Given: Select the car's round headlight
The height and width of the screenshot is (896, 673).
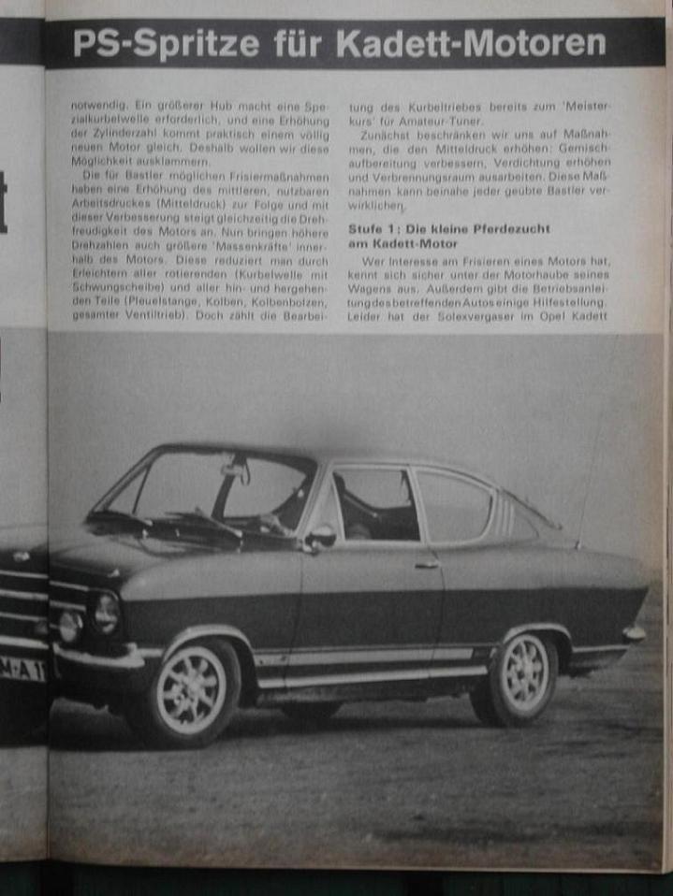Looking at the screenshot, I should pyautogui.click(x=105, y=613).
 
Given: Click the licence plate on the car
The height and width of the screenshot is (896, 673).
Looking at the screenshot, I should pyautogui.click(x=23, y=667).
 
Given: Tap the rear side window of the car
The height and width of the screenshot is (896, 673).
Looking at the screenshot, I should pyautogui.click(x=453, y=504).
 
